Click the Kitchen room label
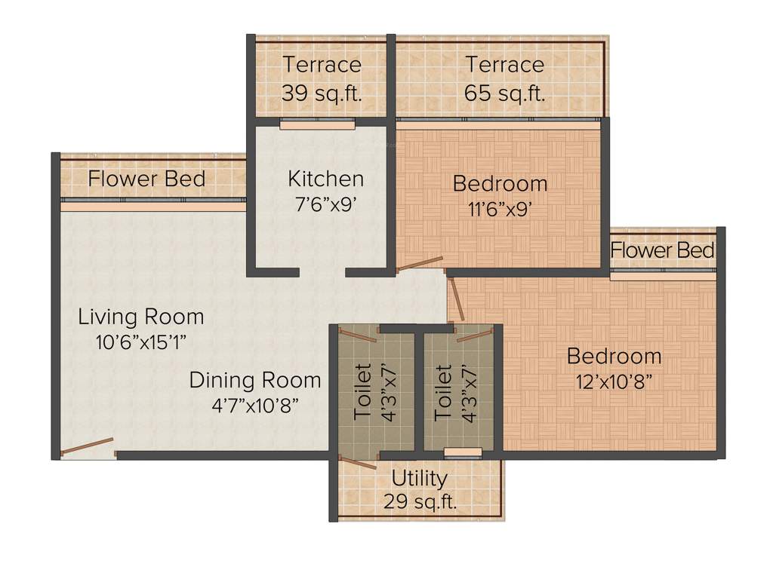325,179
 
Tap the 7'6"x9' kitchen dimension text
325,204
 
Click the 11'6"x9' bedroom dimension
500,209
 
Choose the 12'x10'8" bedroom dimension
614,381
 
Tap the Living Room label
140,317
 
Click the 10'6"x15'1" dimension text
140,342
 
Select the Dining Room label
254,380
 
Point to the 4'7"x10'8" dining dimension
255,405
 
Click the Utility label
419,478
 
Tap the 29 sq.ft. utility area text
420,502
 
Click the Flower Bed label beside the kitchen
146,179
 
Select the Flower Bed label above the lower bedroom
662,250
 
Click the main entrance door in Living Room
87,446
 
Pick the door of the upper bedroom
420,263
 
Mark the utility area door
357,462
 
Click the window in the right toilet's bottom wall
462,452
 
